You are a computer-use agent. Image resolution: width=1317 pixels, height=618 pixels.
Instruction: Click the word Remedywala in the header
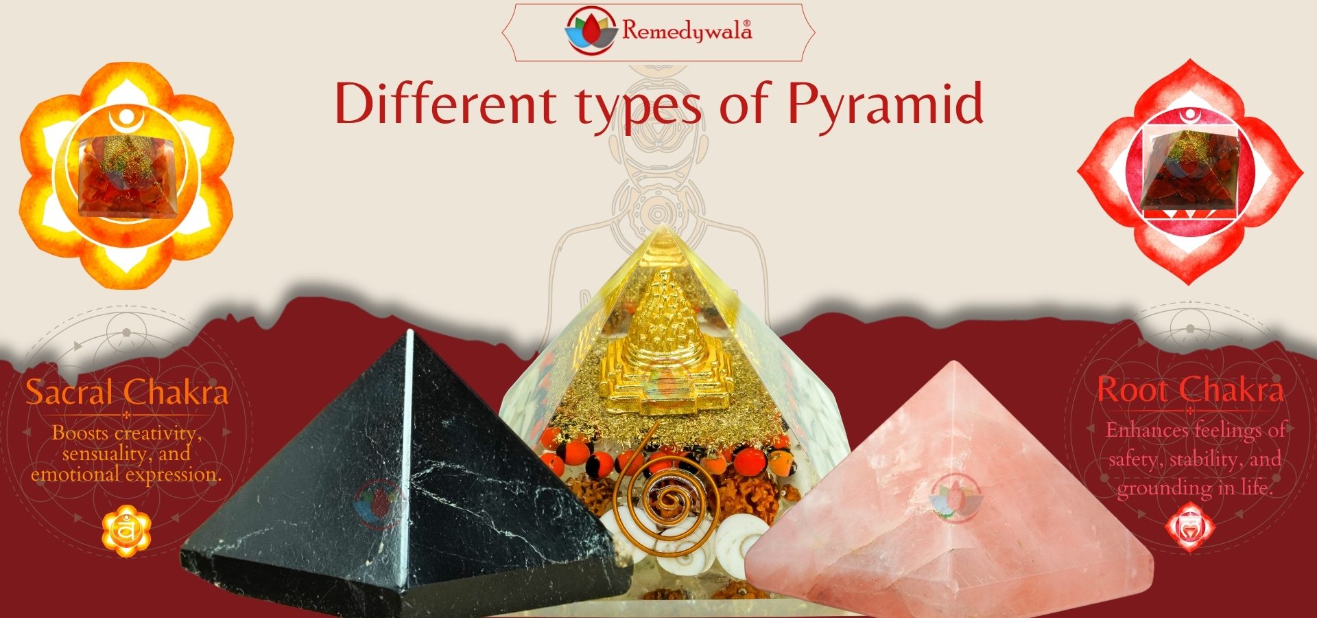coord(687,31)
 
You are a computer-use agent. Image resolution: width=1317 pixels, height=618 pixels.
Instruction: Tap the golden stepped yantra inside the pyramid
coord(661,343)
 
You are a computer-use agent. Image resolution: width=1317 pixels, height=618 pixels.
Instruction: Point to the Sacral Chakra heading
coord(127,392)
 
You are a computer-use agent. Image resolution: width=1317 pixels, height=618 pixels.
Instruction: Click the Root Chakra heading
coord(1190,390)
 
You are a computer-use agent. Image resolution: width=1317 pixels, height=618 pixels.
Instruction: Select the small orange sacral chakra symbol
coord(126,531)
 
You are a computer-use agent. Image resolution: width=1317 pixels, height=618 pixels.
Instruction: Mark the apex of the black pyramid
coord(410,330)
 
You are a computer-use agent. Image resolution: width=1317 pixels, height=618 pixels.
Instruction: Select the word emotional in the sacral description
coord(75,474)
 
